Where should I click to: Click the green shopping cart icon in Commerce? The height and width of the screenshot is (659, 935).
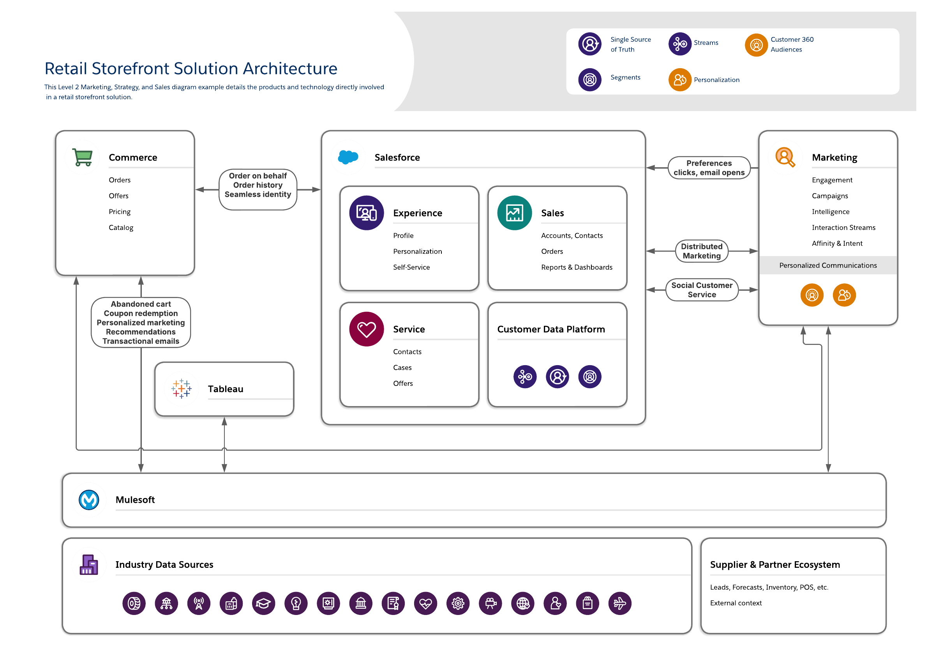pyautogui.click(x=83, y=157)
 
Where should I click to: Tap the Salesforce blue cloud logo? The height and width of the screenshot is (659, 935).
pyautogui.click(x=348, y=157)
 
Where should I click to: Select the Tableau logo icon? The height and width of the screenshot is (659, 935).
pyautogui.click(x=182, y=389)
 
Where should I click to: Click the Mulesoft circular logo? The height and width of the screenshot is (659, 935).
pyautogui.click(x=89, y=500)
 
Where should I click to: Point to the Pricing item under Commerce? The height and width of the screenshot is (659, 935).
pyautogui.click(x=120, y=212)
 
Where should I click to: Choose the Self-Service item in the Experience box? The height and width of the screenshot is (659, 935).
pyautogui.click(x=411, y=267)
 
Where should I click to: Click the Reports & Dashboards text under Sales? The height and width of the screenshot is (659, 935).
pyautogui.click(x=577, y=267)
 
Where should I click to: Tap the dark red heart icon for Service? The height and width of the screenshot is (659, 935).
pyautogui.click(x=367, y=329)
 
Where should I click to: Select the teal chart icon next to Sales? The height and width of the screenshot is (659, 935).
pyautogui.click(x=514, y=213)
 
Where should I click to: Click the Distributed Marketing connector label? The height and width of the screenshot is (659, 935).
pyautogui.click(x=702, y=251)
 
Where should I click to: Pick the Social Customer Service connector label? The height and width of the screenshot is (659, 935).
pyautogui.click(x=702, y=290)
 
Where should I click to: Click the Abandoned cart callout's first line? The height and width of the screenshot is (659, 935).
pyautogui.click(x=141, y=304)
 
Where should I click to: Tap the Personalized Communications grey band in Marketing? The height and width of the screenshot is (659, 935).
pyautogui.click(x=828, y=265)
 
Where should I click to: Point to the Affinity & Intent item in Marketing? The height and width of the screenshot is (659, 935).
pyautogui.click(x=837, y=244)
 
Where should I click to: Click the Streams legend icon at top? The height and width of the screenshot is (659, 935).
pyautogui.click(x=680, y=44)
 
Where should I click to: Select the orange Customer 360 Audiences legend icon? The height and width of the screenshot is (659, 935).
pyautogui.click(x=756, y=45)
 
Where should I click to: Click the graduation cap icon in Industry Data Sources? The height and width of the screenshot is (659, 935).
pyautogui.click(x=263, y=603)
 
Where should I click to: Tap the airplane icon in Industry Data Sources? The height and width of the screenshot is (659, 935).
pyautogui.click(x=620, y=603)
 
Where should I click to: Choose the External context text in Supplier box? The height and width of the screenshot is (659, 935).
pyautogui.click(x=736, y=603)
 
